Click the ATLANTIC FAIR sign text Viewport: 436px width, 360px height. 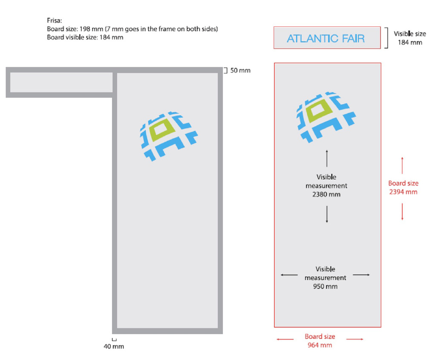pos(326,38)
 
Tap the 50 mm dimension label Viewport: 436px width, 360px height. pos(240,70)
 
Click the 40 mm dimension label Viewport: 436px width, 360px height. pos(114,346)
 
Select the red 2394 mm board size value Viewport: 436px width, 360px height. pos(403,192)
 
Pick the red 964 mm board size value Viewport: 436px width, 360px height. pos(320,345)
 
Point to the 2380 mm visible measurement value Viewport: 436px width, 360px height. pos(326,194)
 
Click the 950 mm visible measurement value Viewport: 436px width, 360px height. pos(325,286)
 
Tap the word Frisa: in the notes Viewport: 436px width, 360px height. pos(55,20)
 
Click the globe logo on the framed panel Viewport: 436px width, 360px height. pos(168,136)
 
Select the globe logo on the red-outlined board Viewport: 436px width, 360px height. pos(326,117)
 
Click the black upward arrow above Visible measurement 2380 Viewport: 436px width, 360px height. pos(327,158)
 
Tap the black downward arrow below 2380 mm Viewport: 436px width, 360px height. pos(327,214)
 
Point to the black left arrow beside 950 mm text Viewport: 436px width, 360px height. pos(289,275)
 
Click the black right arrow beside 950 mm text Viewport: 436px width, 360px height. pos(361,275)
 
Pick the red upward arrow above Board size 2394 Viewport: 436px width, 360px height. pos(402,165)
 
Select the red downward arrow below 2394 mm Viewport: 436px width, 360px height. pos(402,212)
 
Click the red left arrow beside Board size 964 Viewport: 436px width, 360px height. pos(285,339)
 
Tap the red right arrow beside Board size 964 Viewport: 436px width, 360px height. pos(355,339)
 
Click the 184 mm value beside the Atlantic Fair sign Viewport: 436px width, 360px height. pos(410,42)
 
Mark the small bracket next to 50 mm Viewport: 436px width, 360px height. pos(226,70)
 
